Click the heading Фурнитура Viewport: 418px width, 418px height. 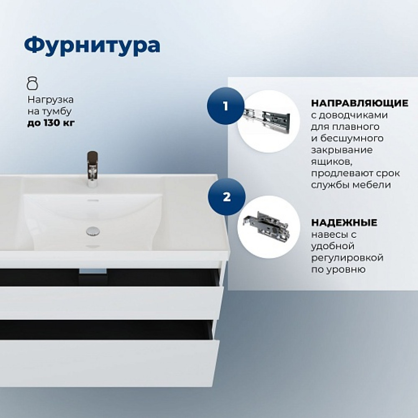point(92,46)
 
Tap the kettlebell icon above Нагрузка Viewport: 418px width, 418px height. point(33,84)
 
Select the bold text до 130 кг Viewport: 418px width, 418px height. point(51,123)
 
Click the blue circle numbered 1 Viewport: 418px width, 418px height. point(226,106)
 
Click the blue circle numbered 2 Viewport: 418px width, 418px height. point(227,197)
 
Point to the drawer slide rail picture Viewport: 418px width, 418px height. point(267,120)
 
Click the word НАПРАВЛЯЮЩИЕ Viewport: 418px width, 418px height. point(359,103)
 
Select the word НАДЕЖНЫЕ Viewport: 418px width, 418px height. point(344,222)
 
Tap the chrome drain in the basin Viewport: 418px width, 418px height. point(93,231)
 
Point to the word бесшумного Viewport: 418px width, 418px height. point(352,139)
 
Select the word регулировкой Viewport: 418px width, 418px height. point(347,258)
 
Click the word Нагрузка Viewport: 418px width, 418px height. point(51,100)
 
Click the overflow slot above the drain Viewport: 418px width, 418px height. point(93,200)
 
